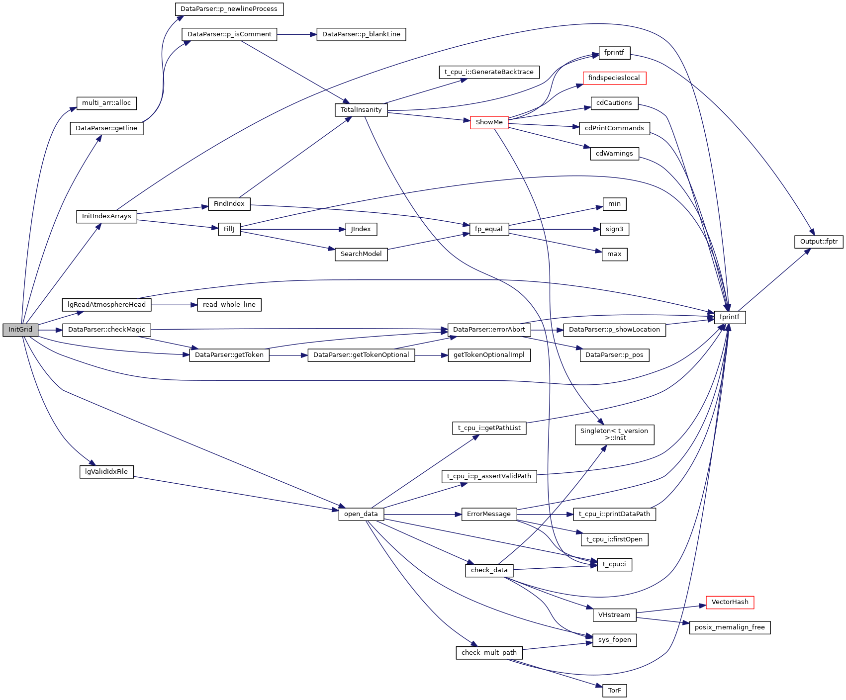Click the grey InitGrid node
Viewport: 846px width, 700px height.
[x=20, y=330]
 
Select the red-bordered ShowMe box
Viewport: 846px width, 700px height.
[x=489, y=122]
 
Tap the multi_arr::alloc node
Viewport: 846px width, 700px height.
[x=106, y=103]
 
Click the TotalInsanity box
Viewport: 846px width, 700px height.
[x=361, y=110]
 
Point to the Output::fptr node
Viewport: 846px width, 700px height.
[x=818, y=242]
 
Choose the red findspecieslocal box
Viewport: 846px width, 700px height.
[x=614, y=78]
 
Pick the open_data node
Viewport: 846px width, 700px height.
[x=361, y=514]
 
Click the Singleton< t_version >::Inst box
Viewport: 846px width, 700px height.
[x=614, y=435]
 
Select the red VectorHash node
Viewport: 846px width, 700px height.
[x=730, y=602]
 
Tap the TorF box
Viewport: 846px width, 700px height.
[x=614, y=691]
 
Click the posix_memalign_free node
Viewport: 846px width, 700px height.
[x=730, y=627]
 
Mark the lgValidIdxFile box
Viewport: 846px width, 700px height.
[x=106, y=472]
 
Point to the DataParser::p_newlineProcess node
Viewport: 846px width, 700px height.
[x=229, y=9]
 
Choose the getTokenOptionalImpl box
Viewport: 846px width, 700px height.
[x=489, y=355]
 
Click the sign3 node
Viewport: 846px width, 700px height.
[x=614, y=229]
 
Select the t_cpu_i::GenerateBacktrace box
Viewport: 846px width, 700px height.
[x=489, y=72]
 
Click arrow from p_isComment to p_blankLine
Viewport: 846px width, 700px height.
[x=296, y=34]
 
